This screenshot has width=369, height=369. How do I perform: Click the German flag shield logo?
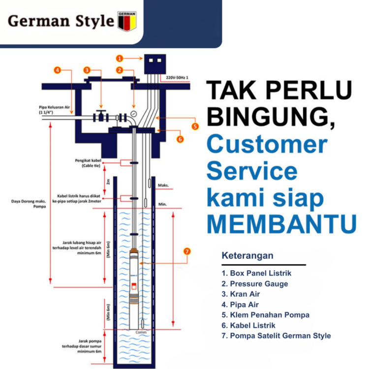[127, 21]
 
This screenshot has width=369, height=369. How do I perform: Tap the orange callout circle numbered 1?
[120, 58]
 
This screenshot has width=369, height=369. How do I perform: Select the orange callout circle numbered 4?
[58, 70]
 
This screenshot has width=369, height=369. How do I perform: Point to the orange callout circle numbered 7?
[186, 251]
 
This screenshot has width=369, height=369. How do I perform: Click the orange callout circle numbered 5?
[195, 126]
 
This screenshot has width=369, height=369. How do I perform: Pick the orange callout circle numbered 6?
[180, 139]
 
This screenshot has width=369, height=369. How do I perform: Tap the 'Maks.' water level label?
[163, 185]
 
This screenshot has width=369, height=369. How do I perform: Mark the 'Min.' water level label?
[163, 204]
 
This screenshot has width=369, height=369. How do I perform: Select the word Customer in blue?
[267, 145]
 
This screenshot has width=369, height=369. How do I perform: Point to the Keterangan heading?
[247, 256]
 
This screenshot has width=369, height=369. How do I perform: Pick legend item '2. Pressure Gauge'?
[254, 283]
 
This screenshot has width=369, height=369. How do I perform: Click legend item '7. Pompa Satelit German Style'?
[276, 336]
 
